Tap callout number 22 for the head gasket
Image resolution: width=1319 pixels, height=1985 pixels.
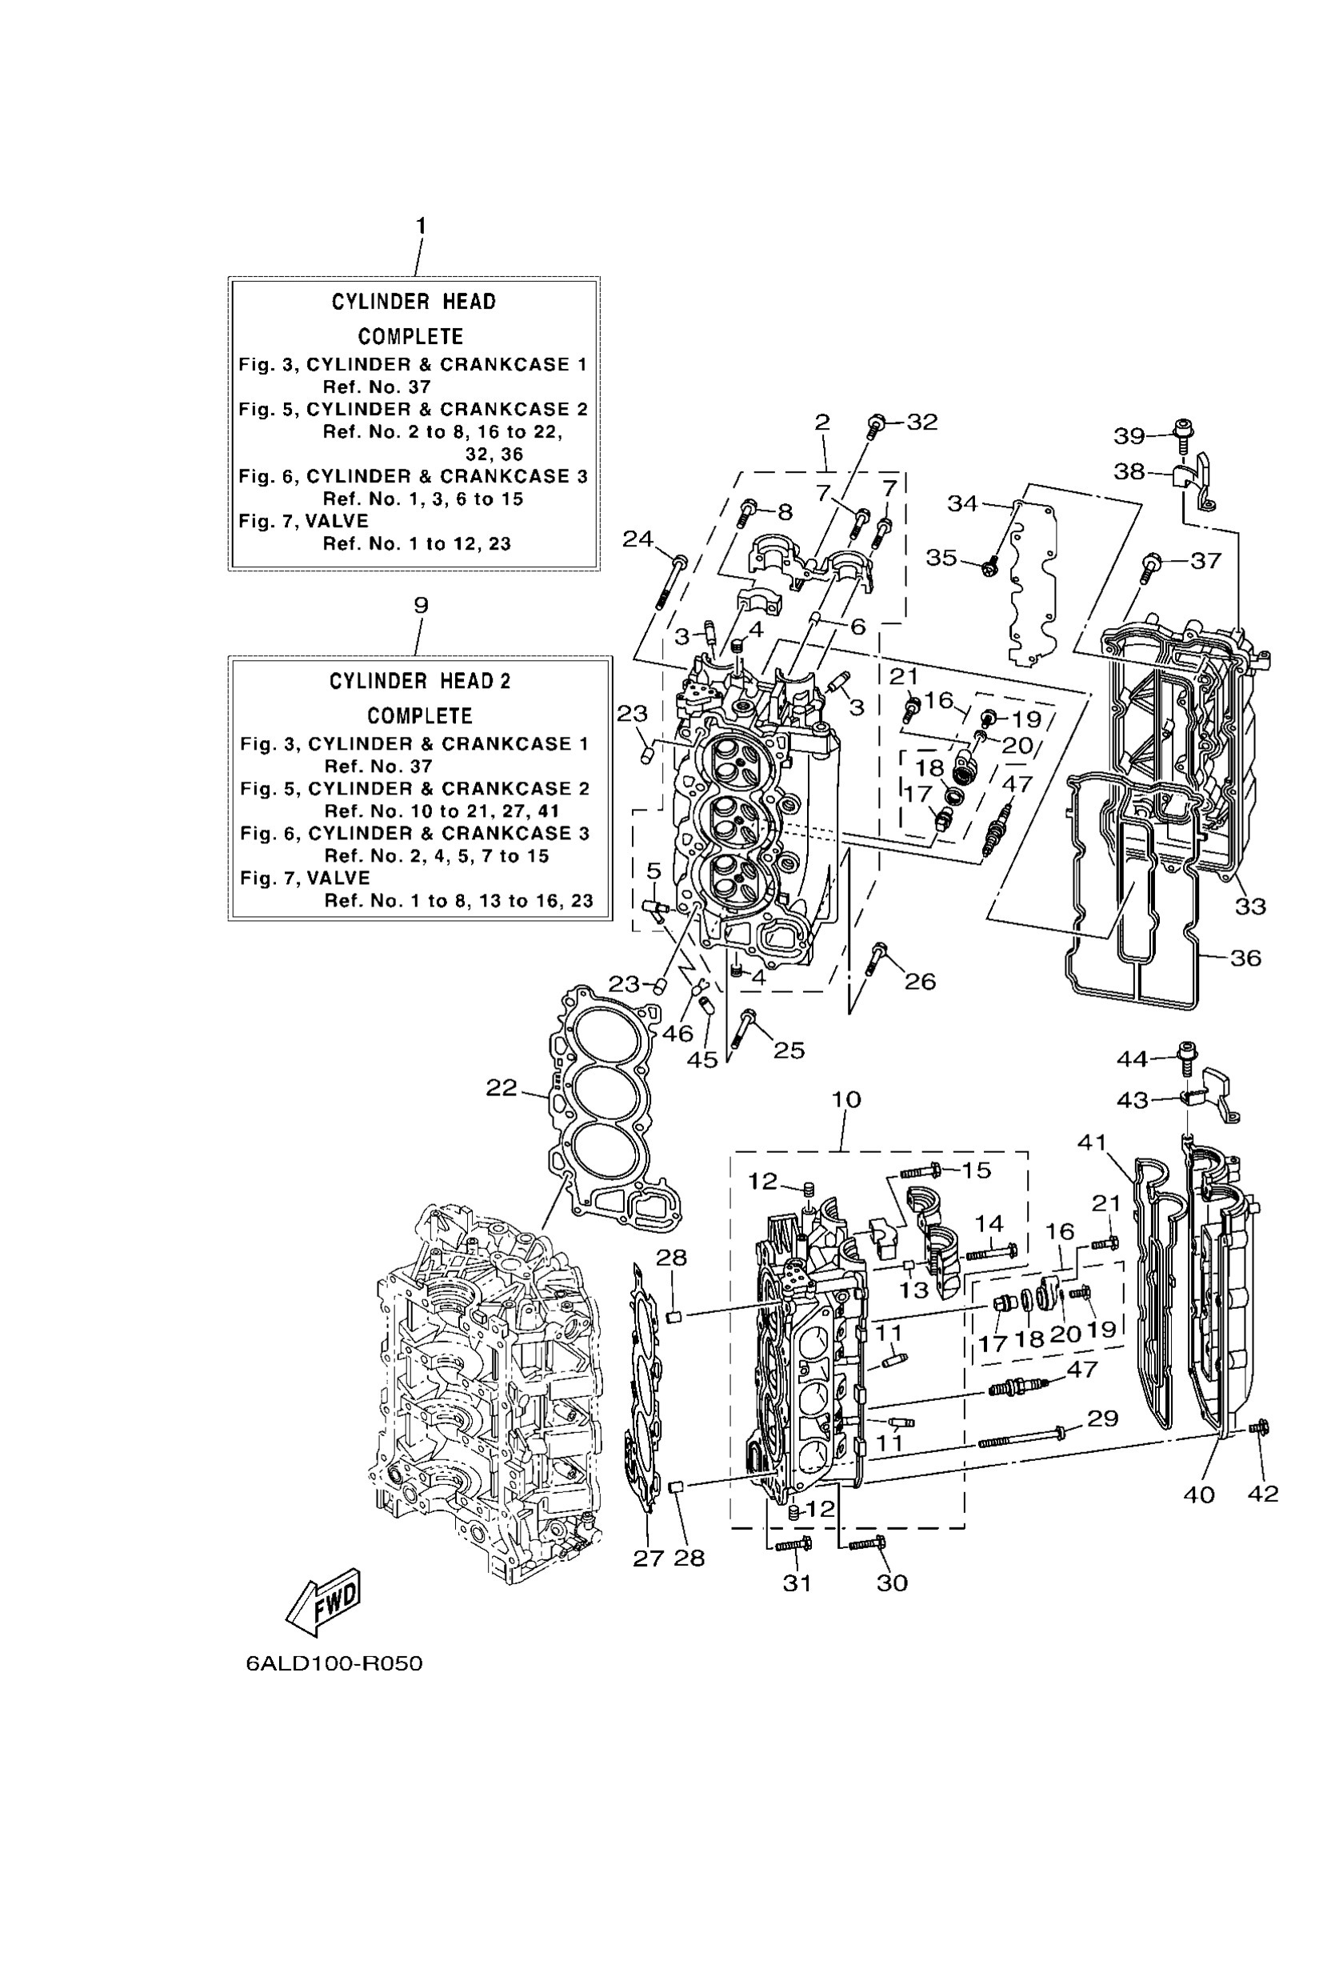[x=502, y=1088]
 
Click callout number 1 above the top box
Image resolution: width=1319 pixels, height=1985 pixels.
[x=421, y=226]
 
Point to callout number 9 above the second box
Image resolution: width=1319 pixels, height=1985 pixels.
[x=421, y=605]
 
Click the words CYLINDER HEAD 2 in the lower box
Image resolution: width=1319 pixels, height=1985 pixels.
[x=420, y=681]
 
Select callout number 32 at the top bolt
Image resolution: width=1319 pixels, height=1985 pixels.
[x=922, y=422]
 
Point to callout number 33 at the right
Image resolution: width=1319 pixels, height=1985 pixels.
[x=1250, y=906]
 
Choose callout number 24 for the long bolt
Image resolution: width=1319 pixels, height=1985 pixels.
[x=638, y=538]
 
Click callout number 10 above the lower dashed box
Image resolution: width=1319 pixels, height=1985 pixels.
[x=846, y=1099]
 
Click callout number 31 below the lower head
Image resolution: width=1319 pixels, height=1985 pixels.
[x=797, y=1583]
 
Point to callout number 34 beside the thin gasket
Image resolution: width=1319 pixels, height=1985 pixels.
[x=963, y=503]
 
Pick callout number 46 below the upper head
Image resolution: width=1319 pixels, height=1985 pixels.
[x=678, y=1034]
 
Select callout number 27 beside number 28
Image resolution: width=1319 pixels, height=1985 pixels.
[x=649, y=1559]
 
